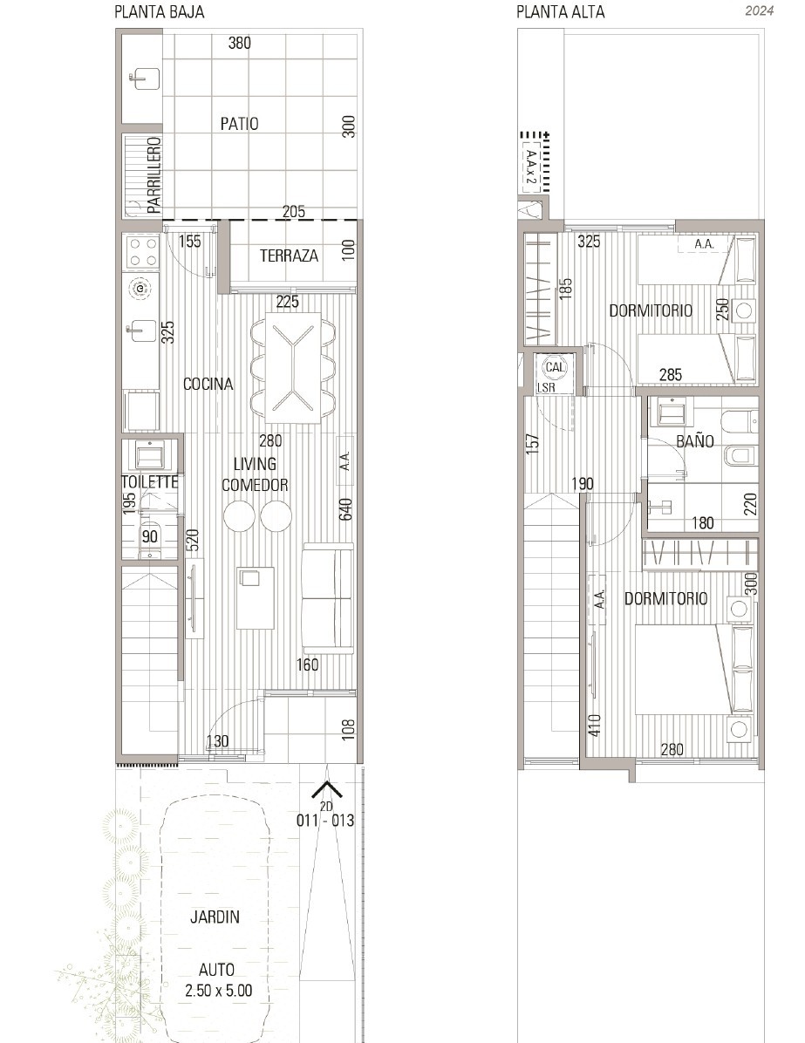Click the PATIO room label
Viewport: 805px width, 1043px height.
240,124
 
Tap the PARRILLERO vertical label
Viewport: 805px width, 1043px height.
153,175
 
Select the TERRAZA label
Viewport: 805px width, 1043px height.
289,256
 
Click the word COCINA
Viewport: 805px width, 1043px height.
208,384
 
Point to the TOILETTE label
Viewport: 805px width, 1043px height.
150,481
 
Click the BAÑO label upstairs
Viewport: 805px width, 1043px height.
694,440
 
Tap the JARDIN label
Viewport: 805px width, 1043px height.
215,917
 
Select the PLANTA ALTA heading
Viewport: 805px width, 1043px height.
560,11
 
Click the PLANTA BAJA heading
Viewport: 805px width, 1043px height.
159,11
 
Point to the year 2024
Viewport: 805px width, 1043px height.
759,10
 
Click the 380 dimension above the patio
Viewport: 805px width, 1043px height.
240,44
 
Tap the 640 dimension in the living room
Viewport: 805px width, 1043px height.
345,509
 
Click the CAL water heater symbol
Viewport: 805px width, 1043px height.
555,367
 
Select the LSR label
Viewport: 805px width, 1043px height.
546,388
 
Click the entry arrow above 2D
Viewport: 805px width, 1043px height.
327,789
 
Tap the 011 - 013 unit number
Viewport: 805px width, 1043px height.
325,820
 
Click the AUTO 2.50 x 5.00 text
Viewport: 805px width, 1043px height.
218,980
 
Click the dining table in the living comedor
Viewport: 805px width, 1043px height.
293,368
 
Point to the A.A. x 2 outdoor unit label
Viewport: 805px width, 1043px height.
531,167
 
